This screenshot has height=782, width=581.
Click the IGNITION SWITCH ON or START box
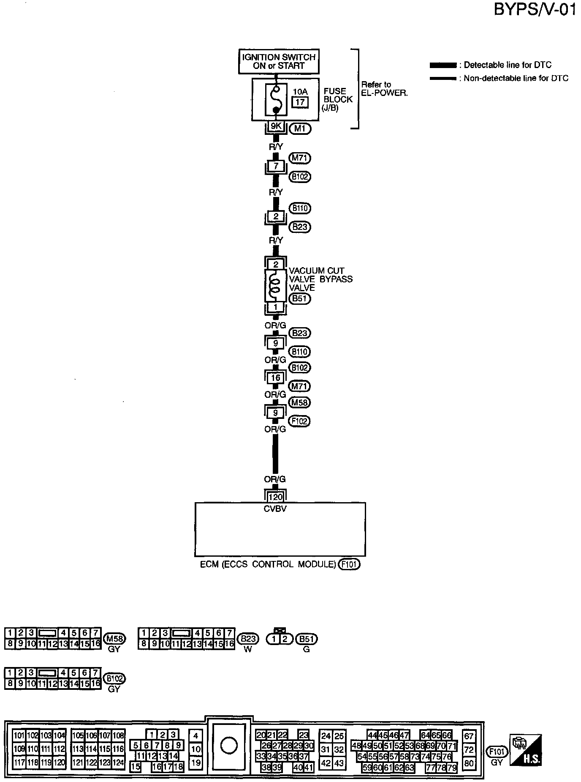point(278,62)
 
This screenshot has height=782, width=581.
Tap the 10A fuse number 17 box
point(300,102)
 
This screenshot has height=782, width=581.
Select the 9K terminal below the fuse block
point(276,126)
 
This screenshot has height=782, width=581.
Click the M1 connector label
point(300,129)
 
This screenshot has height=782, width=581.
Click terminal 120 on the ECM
point(275,498)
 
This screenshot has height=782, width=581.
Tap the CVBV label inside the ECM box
point(275,509)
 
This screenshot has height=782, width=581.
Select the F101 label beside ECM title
point(349,564)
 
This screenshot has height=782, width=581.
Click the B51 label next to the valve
point(300,298)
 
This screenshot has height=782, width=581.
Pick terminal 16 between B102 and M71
point(275,377)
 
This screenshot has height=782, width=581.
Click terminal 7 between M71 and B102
point(276,166)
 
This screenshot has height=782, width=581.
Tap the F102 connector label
point(300,421)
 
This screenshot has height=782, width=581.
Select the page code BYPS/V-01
point(535,10)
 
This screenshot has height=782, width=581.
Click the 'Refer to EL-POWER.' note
point(384,89)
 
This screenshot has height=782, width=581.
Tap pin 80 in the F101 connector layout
point(469,763)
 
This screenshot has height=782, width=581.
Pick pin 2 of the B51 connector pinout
point(285,639)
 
